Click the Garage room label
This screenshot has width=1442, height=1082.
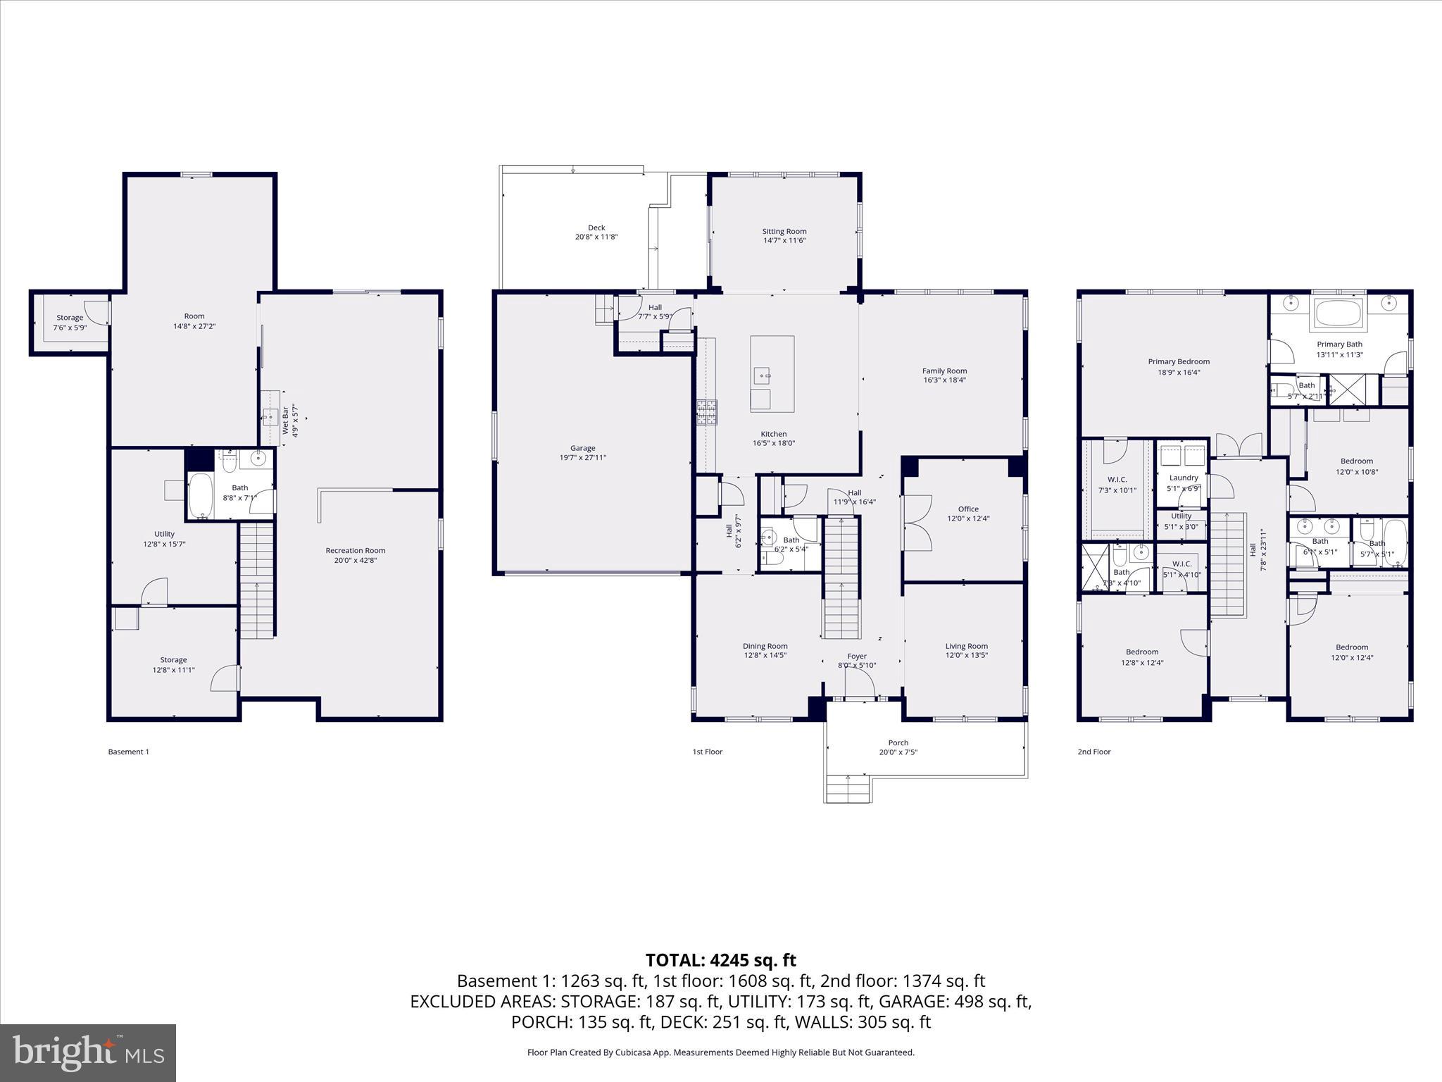point(582,448)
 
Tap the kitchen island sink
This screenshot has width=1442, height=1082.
point(762,376)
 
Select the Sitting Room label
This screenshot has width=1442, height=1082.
point(784,231)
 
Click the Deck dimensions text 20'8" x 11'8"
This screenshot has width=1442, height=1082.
point(596,237)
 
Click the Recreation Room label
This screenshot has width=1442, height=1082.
point(355,550)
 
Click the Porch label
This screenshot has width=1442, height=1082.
point(898,742)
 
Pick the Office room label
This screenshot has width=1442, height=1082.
point(968,509)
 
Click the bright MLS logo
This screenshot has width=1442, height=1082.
point(88,1053)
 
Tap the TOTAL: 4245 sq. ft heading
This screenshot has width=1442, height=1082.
point(720,960)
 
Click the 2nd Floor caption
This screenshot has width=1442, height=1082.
point(1093,752)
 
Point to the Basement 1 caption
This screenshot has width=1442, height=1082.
point(128,752)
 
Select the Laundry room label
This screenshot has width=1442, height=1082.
point(1184,478)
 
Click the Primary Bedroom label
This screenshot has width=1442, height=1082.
point(1179,362)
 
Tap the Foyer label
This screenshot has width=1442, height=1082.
point(856,656)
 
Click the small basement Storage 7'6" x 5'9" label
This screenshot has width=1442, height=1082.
point(70,318)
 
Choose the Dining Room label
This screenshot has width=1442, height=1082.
point(765,646)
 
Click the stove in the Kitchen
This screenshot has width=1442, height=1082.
point(706,412)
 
